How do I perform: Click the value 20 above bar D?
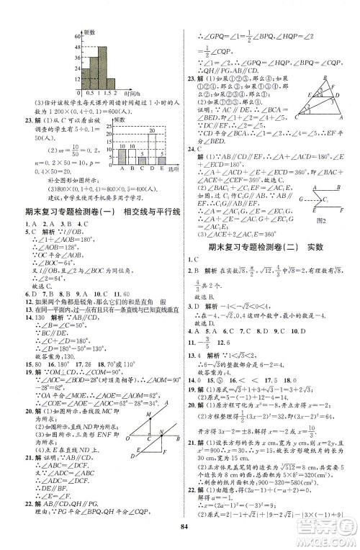pyautogui.click(x=152, y=130)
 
